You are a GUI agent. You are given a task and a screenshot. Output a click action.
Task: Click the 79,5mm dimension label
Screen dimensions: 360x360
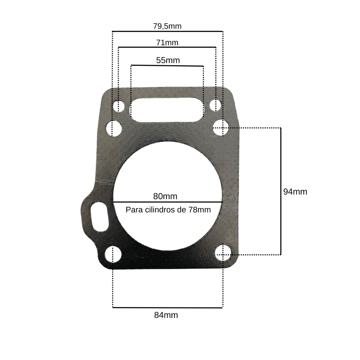(x=167, y=26)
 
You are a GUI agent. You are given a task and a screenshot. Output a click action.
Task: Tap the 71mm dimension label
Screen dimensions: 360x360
(x=167, y=43)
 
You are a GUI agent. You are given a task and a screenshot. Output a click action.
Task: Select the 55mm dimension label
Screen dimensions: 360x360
(x=168, y=60)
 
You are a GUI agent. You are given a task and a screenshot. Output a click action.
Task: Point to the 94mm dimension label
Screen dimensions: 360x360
(x=295, y=192)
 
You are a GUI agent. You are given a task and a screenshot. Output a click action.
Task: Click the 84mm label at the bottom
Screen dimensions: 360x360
(x=166, y=315)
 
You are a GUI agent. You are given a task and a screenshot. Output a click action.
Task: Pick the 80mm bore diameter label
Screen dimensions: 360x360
(x=165, y=196)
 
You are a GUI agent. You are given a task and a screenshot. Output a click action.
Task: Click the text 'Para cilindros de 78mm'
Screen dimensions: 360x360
(x=168, y=210)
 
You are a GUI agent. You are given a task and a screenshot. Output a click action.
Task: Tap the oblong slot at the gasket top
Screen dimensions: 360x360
(x=167, y=110)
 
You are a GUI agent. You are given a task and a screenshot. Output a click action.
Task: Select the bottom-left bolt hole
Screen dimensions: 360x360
(x=113, y=254)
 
